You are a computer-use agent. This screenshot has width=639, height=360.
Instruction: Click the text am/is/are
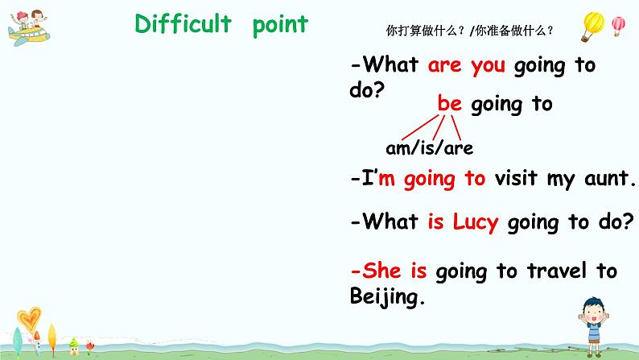tap(430, 148)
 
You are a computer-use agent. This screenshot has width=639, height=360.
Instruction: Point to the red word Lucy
tap(475, 222)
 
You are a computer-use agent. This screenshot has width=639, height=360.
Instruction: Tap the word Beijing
tap(386, 298)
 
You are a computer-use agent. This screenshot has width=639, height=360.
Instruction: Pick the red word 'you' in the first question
tap(488, 66)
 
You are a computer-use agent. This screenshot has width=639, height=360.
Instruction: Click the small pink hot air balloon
tap(618, 26)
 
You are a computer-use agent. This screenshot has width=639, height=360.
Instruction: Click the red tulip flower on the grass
tap(90, 346)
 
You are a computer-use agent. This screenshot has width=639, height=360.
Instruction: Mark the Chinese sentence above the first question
tap(470, 31)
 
